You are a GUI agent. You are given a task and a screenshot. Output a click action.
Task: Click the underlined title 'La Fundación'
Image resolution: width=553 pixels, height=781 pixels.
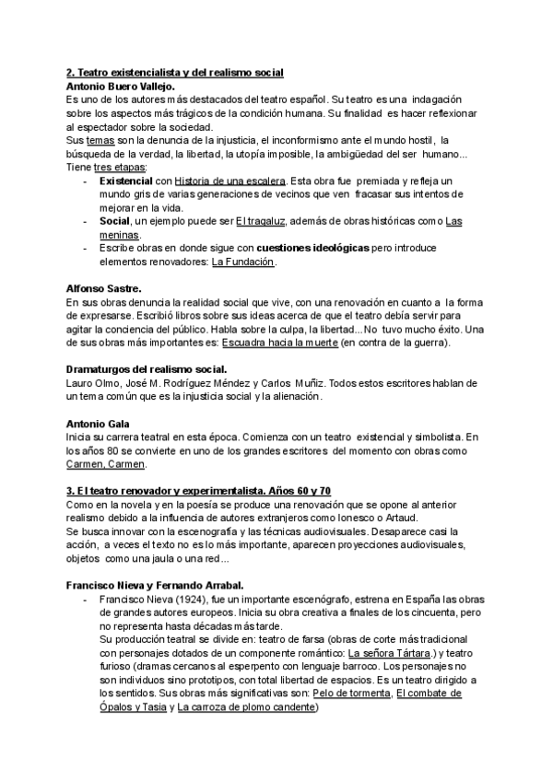[x=243, y=262]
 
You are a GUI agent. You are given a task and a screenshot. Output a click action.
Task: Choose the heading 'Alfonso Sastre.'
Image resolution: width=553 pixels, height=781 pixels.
[x=104, y=289]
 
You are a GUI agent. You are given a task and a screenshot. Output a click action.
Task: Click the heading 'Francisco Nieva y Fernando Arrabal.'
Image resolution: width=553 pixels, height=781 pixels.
[x=154, y=585]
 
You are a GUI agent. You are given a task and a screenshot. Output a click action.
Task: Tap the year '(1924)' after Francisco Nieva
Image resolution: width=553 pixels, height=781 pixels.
[x=182, y=600]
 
